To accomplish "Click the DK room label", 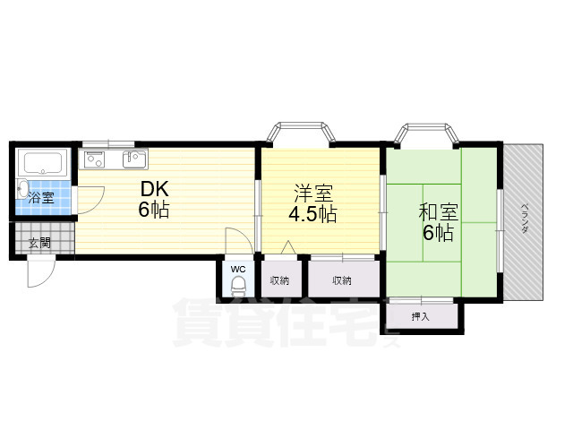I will point(154,190).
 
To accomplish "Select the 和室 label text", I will point(439,212).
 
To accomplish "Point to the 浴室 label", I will point(40,198).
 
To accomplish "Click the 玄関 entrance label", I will point(38,242).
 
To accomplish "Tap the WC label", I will point(237,268).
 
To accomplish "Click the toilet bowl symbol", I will point(238,287).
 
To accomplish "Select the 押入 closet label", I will point(421,315).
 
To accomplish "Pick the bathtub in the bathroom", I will point(43,165).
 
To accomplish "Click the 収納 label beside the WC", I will point(280,280).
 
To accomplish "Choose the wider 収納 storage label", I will point(342,280).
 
